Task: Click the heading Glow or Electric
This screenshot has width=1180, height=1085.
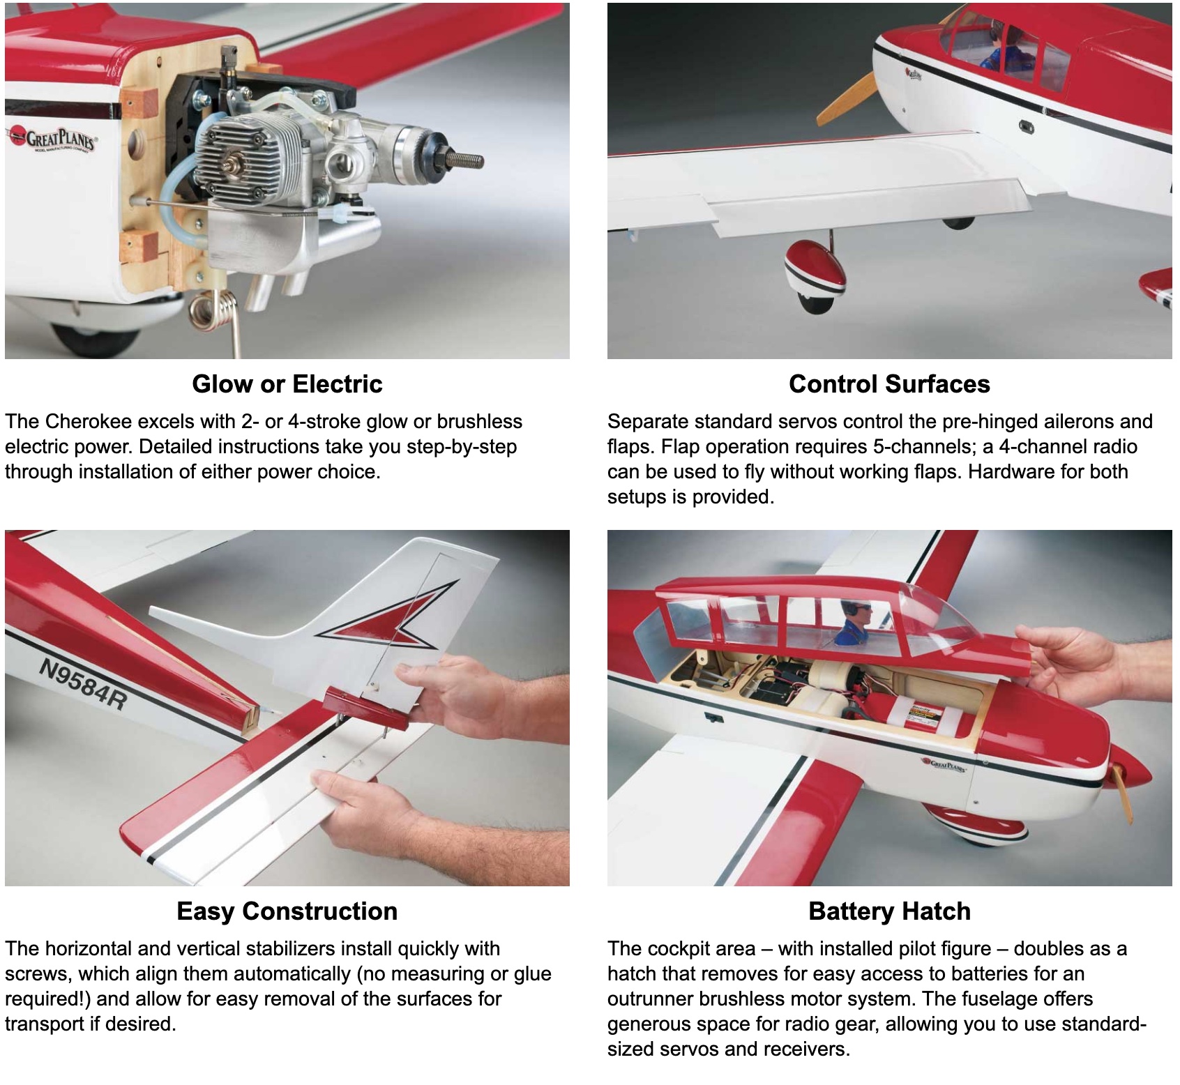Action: coord(287,384)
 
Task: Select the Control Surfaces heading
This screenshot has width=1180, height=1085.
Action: coord(889,384)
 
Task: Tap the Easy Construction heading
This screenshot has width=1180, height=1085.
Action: coord(287,911)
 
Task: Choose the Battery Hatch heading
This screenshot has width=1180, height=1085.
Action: coord(889,911)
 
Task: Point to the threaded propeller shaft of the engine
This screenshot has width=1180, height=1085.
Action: coord(464,160)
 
